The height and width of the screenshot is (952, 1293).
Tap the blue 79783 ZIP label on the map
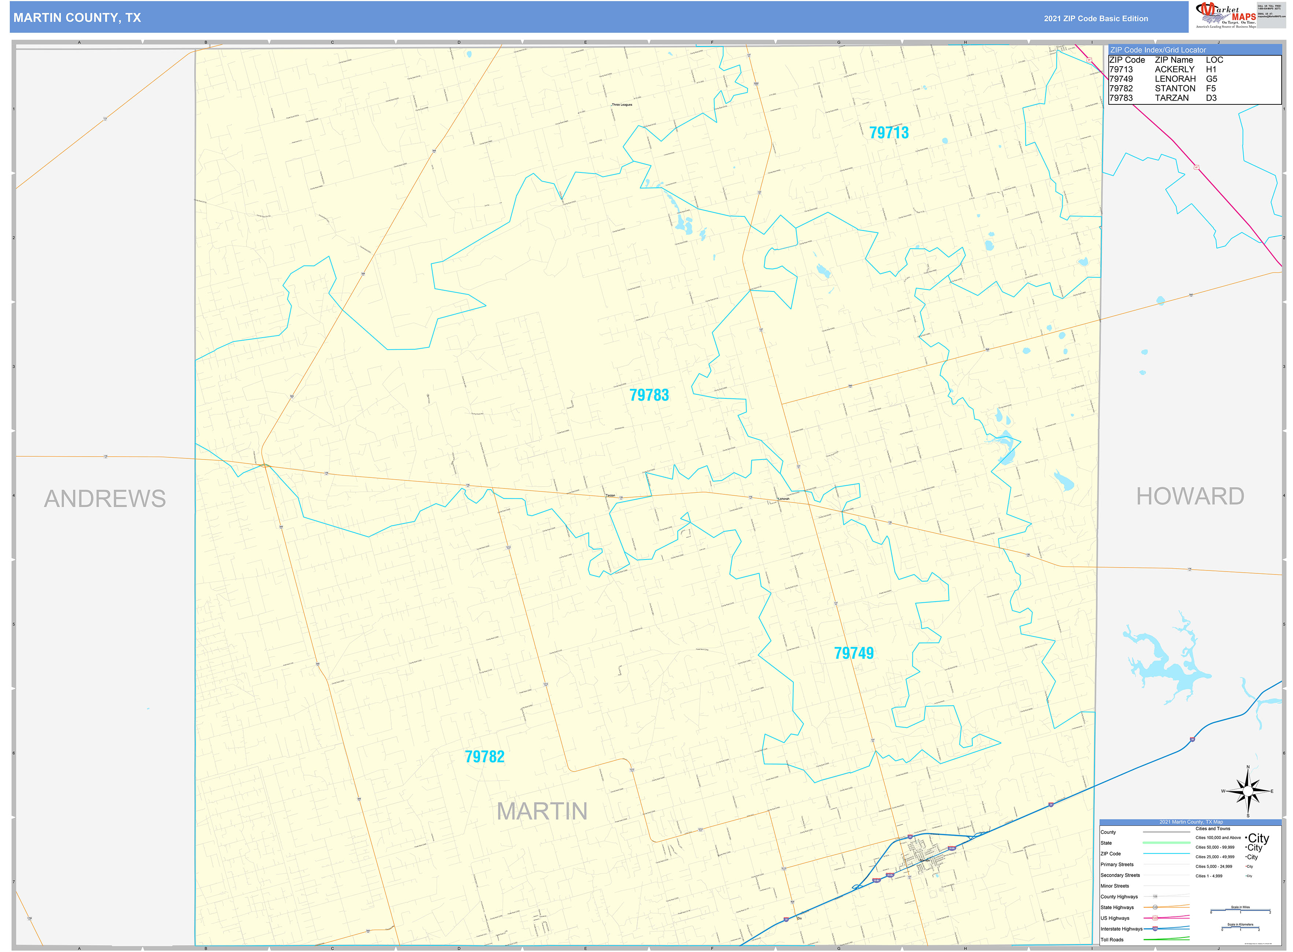(649, 395)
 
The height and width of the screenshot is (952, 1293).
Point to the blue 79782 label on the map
(484, 756)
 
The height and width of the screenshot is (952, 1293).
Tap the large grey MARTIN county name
(541, 811)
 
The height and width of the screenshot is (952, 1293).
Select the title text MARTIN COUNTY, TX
(77, 18)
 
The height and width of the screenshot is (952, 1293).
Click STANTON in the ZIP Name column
(1174, 89)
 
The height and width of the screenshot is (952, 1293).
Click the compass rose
(1248, 791)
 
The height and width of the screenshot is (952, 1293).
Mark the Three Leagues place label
(622, 105)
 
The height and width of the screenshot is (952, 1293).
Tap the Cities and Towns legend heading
(1212, 829)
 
